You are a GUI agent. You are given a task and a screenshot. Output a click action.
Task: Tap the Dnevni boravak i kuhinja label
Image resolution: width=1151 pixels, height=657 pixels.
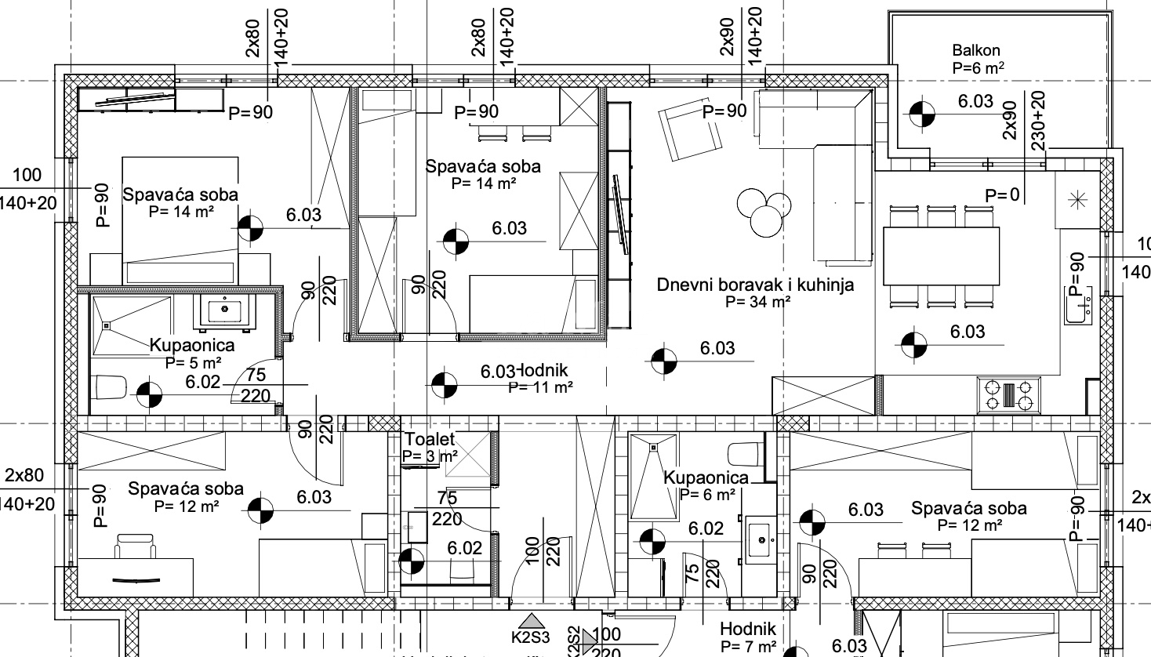click(754, 285)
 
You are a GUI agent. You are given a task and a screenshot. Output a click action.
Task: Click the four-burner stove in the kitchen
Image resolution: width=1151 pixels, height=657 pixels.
click(1009, 394)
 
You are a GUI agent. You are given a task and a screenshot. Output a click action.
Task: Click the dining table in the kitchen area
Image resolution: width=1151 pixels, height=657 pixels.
click(941, 257)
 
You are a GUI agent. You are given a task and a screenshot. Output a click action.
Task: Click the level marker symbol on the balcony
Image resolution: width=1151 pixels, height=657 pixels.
click(923, 114)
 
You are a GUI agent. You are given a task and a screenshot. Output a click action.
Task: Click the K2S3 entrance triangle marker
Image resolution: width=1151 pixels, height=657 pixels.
click(532, 623)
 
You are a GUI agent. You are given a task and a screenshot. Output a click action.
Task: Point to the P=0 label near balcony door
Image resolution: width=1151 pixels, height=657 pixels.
click(1003, 195)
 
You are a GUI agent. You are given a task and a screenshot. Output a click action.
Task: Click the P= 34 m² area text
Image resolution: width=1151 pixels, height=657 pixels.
click(757, 301)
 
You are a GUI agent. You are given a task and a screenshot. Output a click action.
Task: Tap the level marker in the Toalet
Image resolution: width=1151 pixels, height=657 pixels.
click(411, 561)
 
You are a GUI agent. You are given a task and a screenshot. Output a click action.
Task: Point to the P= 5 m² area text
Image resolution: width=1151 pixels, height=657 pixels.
click(193, 362)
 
